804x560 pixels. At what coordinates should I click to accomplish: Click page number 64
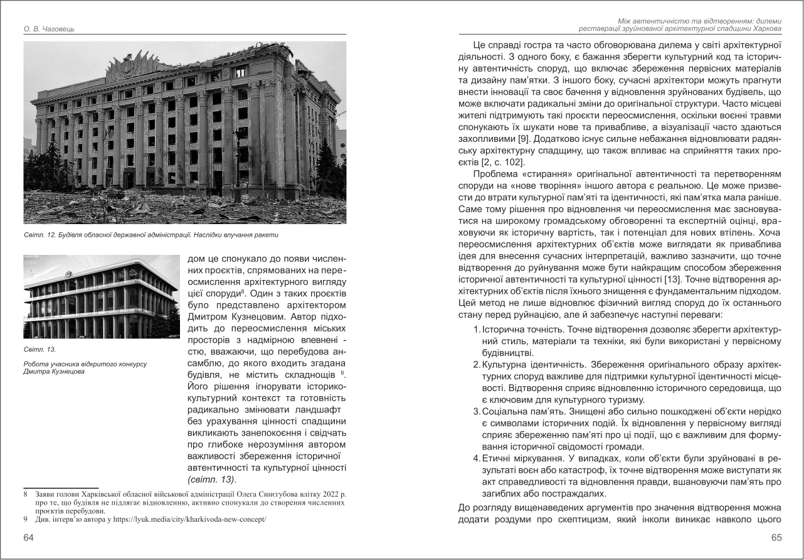29,537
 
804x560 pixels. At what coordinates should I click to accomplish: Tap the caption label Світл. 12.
40,235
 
